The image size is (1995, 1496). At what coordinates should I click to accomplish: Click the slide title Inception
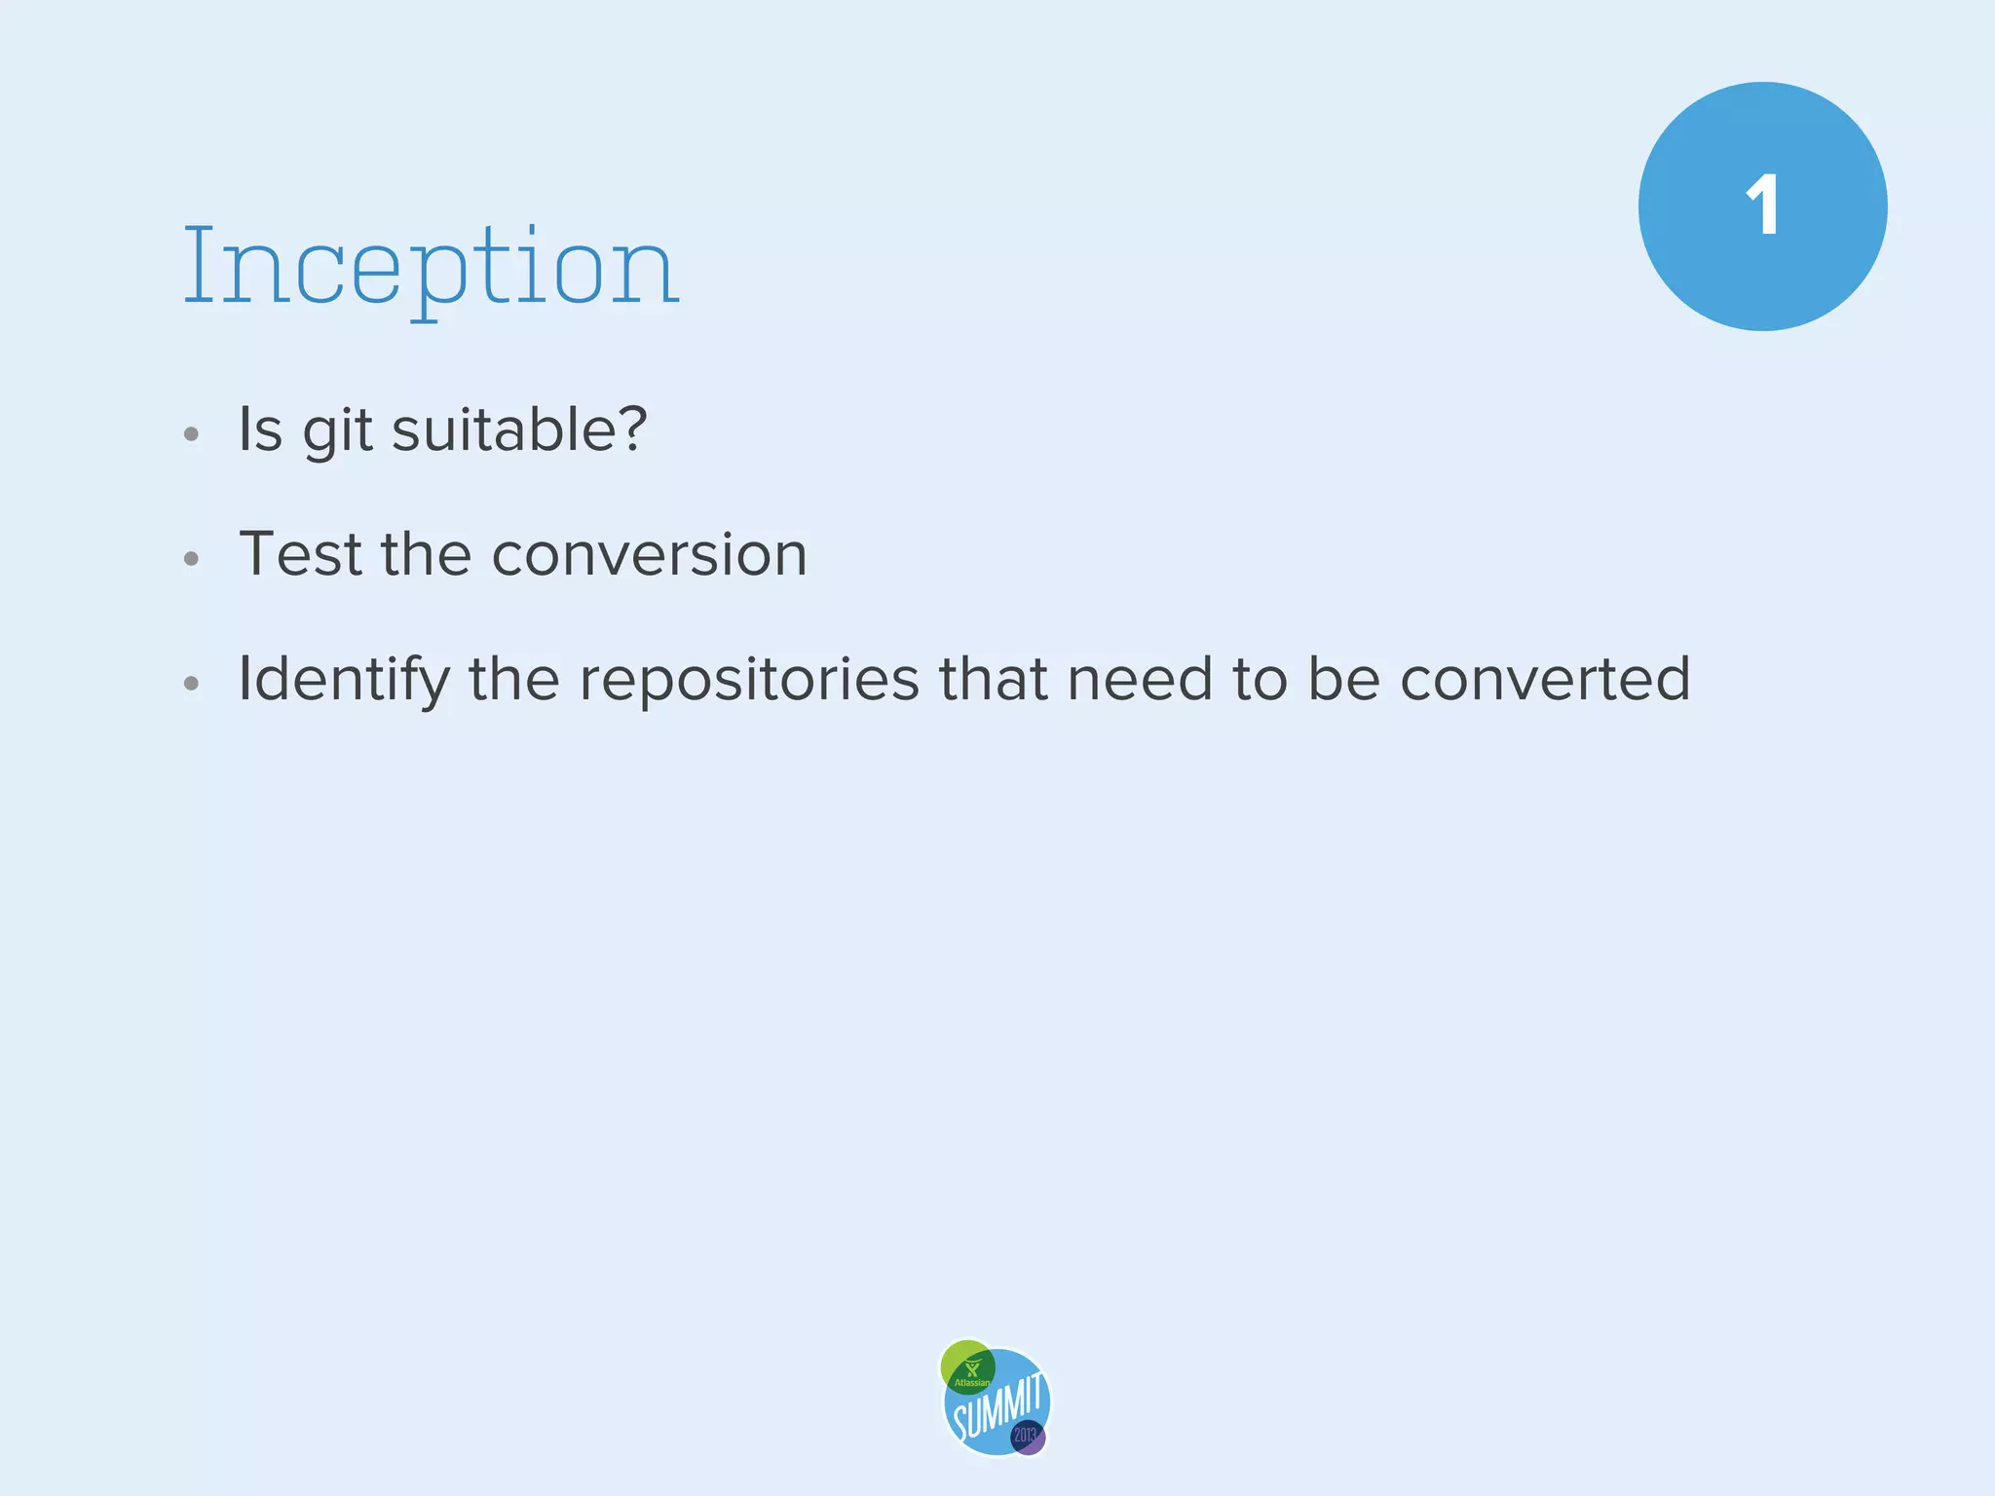click(431, 265)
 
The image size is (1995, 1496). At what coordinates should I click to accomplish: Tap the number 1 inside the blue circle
click(1762, 206)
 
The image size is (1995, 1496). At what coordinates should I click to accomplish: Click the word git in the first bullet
click(337, 430)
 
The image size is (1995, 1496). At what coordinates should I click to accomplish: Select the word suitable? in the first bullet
click(519, 429)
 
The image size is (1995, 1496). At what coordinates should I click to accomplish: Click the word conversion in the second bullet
click(649, 554)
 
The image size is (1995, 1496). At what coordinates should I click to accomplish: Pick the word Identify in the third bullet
click(343, 680)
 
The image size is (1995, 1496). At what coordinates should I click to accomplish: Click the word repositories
click(748, 680)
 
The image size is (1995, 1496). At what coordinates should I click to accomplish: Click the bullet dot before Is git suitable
click(192, 434)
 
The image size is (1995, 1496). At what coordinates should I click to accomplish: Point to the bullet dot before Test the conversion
click(192, 559)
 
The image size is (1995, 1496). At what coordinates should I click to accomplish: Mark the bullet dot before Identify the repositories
click(192, 684)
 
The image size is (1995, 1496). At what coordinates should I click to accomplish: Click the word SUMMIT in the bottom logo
click(997, 1406)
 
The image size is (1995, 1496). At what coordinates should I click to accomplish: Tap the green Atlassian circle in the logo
click(966, 1365)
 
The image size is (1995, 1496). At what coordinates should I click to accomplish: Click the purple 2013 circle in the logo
click(1028, 1436)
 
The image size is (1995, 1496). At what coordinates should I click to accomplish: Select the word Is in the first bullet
click(260, 429)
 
